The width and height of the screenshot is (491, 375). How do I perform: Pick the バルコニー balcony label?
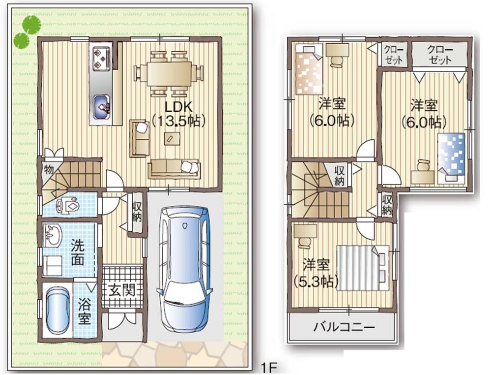pyautogui.click(x=344, y=327)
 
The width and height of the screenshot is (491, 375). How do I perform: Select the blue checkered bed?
pyautogui.click(x=451, y=153)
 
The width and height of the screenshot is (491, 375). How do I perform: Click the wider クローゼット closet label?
pyautogui.click(x=439, y=55)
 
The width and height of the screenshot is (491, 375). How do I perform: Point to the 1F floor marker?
pyautogui.click(x=270, y=368)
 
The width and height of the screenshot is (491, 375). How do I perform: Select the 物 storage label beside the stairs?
pyautogui.click(x=48, y=170)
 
